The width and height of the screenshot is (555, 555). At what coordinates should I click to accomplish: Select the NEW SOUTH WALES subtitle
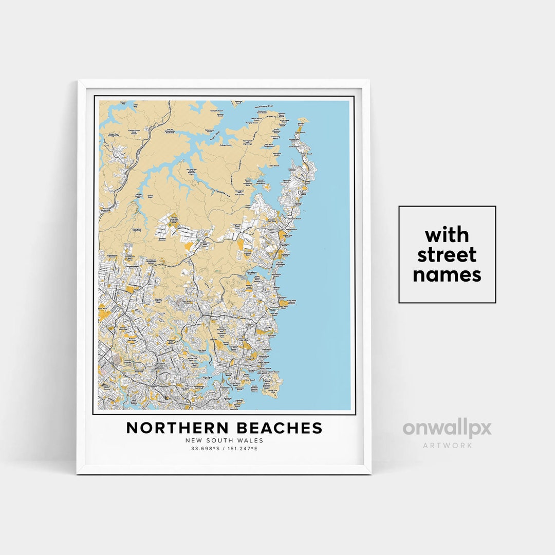coord(224,440)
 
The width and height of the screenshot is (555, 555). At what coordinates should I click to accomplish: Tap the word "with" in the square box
coord(447,235)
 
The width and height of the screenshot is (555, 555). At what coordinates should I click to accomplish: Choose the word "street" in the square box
coord(447,255)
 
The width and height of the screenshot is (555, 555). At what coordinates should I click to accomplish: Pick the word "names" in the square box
coord(447,274)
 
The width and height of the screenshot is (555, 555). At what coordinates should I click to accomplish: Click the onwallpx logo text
coord(447,429)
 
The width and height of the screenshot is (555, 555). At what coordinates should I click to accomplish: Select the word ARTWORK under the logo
coord(447,446)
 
